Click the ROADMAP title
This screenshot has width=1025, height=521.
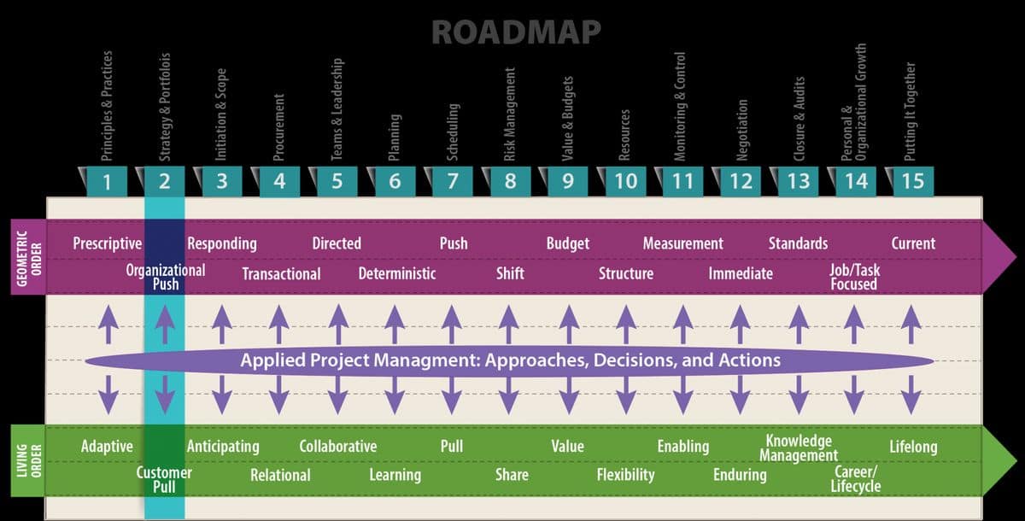pyautogui.click(x=516, y=31)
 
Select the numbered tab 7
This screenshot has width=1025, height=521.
pyautogui.click(x=453, y=182)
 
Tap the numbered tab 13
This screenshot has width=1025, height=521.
pyautogui.click(x=799, y=182)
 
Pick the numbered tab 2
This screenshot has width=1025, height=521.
pyautogui.click(x=165, y=182)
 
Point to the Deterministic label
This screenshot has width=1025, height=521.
pyautogui.click(x=397, y=273)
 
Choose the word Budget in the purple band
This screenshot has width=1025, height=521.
pyautogui.click(x=568, y=243)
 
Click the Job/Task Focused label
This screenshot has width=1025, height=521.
pyautogui.click(x=854, y=277)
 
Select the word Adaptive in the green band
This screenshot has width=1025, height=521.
pyautogui.click(x=107, y=446)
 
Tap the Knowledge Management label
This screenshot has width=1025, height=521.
pyautogui.click(x=799, y=448)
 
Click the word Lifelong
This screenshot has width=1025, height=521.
pyautogui.click(x=913, y=446)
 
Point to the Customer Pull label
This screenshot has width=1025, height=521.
pyautogui.click(x=164, y=480)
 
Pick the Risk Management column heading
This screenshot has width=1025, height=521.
pyautogui.click(x=510, y=114)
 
